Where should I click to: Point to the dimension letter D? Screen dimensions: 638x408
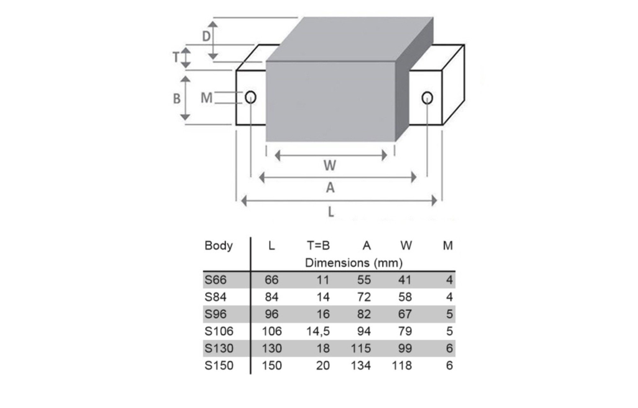206,36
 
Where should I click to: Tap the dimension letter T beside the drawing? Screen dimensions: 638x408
176,57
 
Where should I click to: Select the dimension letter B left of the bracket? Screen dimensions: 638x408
176,99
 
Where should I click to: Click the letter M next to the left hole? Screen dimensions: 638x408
206,98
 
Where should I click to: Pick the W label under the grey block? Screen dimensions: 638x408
330,165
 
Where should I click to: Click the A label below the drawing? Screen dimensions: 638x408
330,187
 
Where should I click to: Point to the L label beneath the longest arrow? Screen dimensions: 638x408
331,212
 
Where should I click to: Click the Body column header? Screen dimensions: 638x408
219,246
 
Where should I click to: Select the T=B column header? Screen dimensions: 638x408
318,245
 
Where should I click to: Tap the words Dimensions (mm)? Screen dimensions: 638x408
354,263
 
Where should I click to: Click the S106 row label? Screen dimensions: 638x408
219,331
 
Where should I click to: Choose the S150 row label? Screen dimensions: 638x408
219,365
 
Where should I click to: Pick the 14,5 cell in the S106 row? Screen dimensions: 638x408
318,331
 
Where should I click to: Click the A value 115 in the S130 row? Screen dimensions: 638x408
360,348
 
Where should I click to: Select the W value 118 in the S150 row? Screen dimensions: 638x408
402,365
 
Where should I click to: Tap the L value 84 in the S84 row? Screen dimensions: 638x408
271,297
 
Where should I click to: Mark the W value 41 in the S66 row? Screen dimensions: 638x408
405,280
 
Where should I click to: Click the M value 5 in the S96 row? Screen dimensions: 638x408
449,314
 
